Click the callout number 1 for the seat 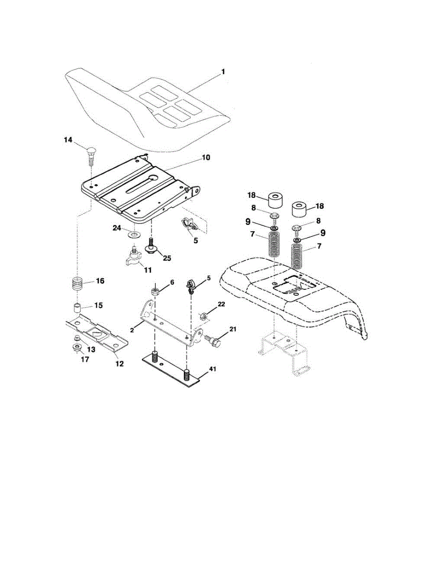point(223,72)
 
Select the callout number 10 point(205,158)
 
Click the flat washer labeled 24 point(133,233)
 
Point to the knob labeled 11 point(133,258)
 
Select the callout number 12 point(120,363)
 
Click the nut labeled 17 point(75,348)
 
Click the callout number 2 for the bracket point(132,330)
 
